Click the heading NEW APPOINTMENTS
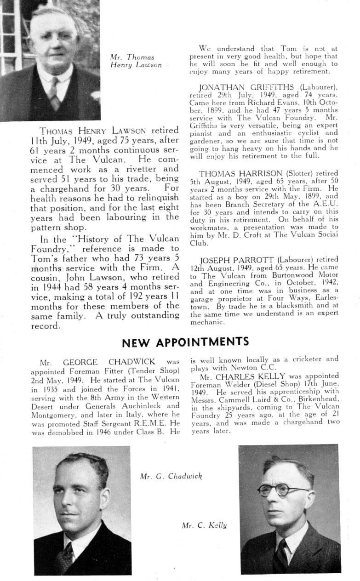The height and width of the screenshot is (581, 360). pos(186,342)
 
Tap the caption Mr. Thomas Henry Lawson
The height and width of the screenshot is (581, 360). pos(136,61)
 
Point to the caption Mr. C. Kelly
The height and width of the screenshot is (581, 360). pos(204,525)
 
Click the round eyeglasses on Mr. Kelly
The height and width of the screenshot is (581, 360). pos(282,490)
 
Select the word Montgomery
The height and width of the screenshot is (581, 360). pos(50,414)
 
